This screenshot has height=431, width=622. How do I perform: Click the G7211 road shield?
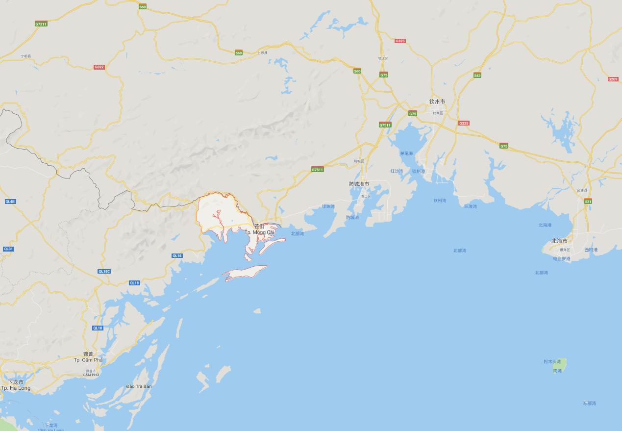[x=41, y=24]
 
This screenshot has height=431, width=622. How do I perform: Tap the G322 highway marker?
[x=99, y=67]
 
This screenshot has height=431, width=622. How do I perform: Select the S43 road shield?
[x=477, y=76]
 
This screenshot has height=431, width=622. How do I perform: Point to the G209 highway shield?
[x=613, y=79]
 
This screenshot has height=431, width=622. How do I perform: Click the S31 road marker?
[x=588, y=202]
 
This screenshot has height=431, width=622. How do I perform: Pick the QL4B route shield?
[x=10, y=202]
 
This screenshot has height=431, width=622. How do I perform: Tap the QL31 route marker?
[x=8, y=249]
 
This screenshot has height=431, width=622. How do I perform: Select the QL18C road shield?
[x=104, y=271]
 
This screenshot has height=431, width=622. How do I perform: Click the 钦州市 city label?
[x=437, y=101]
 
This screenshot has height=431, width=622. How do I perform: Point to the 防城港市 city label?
[x=359, y=184]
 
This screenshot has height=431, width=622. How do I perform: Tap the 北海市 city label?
[x=559, y=241]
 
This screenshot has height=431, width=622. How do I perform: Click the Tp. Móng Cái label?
[x=259, y=232]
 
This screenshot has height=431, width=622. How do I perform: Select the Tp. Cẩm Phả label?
[x=88, y=360]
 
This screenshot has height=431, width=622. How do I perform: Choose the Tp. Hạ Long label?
[x=16, y=388]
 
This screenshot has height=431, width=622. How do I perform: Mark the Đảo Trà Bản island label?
[x=139, y=386]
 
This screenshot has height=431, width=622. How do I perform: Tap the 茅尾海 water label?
[x=406, y=153]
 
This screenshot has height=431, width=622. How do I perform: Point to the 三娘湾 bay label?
[x=470, y=206]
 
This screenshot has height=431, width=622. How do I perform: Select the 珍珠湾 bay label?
[x=328, y=206]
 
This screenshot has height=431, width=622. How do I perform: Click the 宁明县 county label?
[x=25, y=56]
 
